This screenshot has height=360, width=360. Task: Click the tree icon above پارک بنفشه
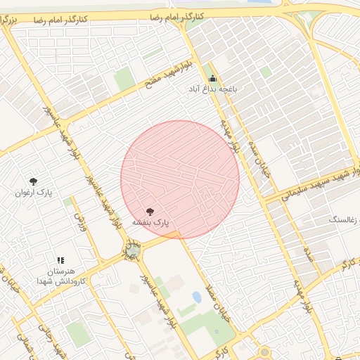[150, 210]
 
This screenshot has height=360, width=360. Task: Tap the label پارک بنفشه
[150, 223]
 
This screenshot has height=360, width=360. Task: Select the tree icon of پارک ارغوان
[33, 181]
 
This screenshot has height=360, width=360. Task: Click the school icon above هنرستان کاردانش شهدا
[60, 260]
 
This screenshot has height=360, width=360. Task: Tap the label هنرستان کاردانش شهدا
[64, 276]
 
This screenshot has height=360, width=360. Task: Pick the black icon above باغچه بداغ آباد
[212, 79]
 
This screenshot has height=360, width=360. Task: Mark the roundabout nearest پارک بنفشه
[132, 250]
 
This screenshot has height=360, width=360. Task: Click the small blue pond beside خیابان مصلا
[196, 297]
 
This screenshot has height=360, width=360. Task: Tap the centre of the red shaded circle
[180, 179]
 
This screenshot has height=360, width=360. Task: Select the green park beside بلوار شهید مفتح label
[124, 79]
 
